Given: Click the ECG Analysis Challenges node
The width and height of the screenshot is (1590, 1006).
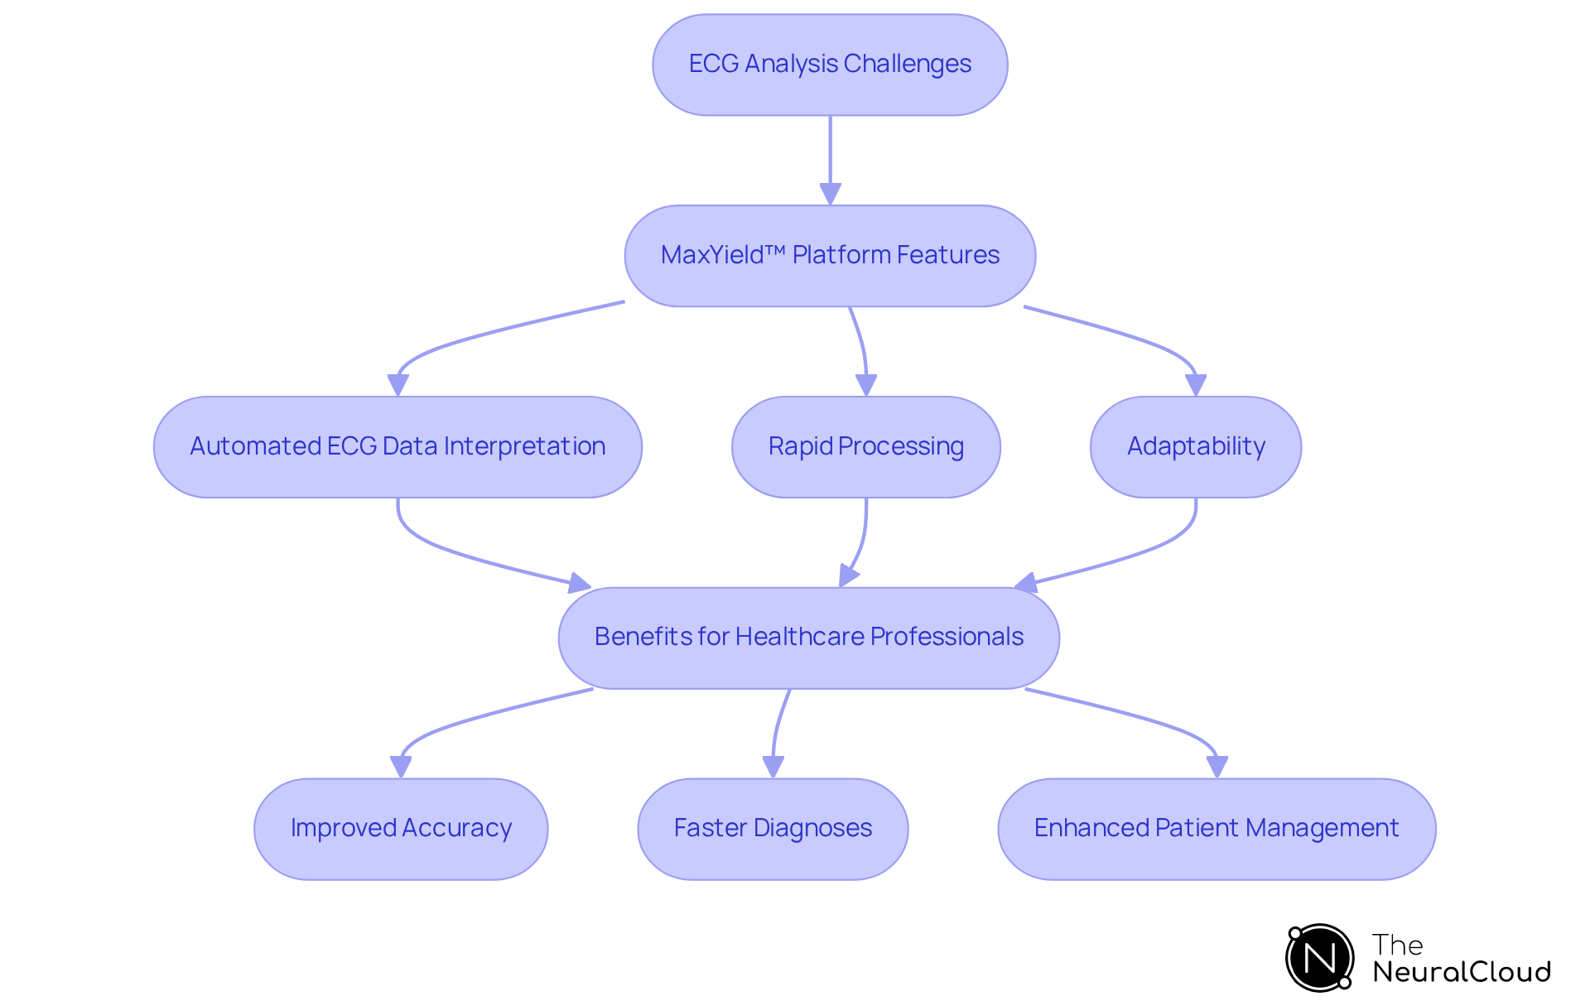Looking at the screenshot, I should pyautogui.click(x=830, y=65).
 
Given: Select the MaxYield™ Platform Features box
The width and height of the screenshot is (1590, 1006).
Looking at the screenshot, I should pyautogui.click(x=830, y=256).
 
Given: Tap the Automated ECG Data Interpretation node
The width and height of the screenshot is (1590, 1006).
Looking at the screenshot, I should pyautogui.click(x=397, y=447).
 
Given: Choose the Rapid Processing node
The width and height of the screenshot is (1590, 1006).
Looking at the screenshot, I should pyautogui.click(x=865, y=447).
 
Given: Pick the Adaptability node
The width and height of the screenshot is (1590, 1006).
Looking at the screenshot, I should pyautogui.click(x=1195, y=447).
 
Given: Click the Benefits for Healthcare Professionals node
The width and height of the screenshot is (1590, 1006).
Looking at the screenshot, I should pyautogui.click(x=808, y=638).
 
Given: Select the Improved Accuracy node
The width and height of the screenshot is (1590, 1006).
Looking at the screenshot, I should pyautogui.click(x=401, y=829).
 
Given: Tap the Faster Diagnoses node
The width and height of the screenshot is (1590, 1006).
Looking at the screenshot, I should pyautogui.click(x=773, y=829).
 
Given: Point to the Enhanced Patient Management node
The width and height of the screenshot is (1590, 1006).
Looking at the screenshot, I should pyautogui.click(x=1216, y=829).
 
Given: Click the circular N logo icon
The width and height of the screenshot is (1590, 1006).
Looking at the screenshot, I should pyautogui.click(x=1319, y=958).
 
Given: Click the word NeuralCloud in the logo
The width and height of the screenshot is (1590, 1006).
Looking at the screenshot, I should pyautogui.click(x=1461, y=972).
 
